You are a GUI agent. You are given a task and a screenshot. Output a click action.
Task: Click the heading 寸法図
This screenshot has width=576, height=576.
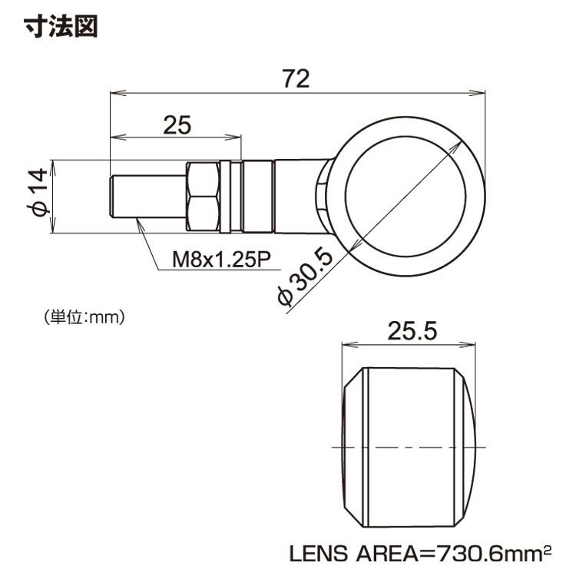click(61, 26)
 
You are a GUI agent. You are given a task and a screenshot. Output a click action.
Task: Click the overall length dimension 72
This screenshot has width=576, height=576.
click(296, 78)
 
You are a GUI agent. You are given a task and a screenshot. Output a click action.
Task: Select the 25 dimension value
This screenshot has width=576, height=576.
click(177, 125)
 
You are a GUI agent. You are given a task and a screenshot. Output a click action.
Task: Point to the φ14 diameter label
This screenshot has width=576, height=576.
click(38, 192)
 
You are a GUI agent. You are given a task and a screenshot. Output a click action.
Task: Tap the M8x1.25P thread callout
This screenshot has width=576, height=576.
click(221, 260)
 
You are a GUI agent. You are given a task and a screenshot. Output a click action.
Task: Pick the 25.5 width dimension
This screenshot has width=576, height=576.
click(412, 330)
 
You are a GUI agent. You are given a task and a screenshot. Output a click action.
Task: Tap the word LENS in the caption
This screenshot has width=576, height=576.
click(318, 554)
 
